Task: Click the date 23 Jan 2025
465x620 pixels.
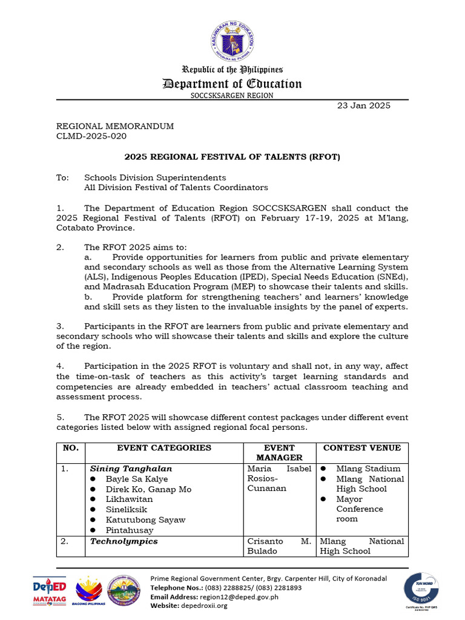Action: [x=364, y=105]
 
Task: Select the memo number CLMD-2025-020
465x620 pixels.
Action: [x=92, y=136]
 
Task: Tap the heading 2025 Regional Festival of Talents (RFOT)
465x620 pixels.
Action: [x=232, y=157]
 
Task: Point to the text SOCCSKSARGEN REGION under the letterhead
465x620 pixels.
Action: [x=232, y=95]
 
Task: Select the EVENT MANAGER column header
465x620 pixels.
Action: [x=279, y=452]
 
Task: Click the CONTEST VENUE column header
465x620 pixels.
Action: [x=362, y=448]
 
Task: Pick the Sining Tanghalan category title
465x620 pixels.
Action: [x=131, y=469]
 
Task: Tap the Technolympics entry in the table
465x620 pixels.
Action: [x=124, y=541]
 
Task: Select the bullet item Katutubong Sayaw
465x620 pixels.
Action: [x=145, y=519]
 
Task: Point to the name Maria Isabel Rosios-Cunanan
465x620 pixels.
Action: [x=279, y=478]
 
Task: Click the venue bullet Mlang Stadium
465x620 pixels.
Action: [x=368, y=469]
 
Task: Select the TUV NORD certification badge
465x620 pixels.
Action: [x=421, y=590]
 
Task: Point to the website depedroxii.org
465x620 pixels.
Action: [x=206, y=605]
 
